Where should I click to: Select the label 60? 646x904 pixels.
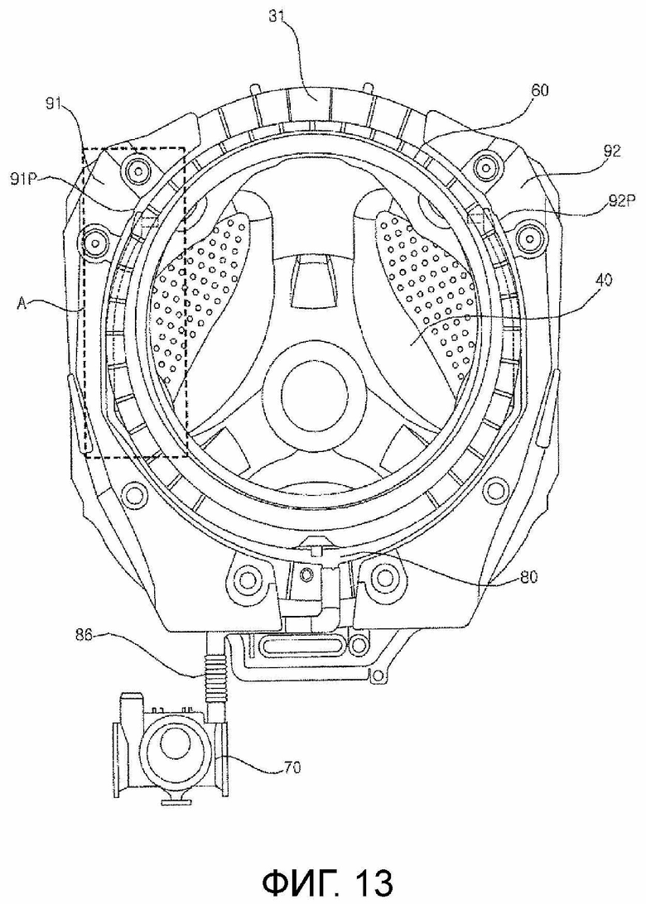[x=540, y=90]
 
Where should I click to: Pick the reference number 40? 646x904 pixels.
[x=603, y=281]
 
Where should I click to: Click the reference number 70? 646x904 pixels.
[x=292, y=767]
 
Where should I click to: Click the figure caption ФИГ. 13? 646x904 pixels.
[x=327, y=881]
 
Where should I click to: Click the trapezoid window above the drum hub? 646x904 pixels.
[x=313, y=282]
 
